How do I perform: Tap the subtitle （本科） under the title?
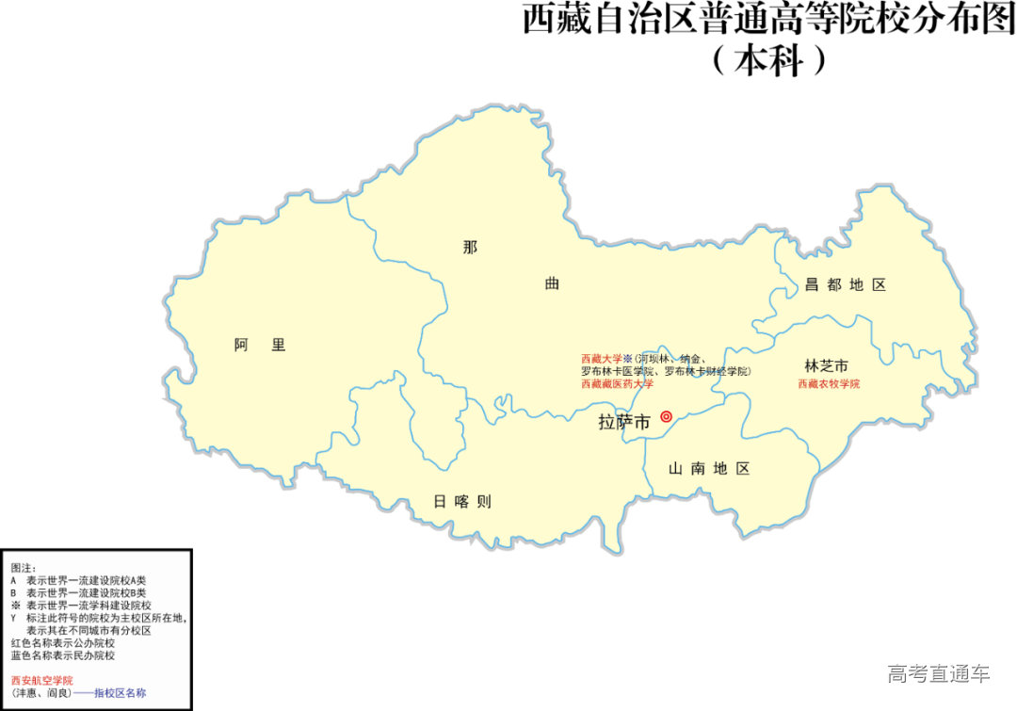click(x=768, y=61)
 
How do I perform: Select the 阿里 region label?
click(x=260, y=345)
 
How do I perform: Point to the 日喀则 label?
click(x=461, y=502)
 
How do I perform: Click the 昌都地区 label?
click(x=845, y=284)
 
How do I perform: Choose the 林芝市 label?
click(x=826, y=365)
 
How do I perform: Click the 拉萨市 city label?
click(x=624, y=423)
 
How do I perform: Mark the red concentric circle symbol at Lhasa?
click(x=666, y=416)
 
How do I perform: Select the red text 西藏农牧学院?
click(x=829, y=384)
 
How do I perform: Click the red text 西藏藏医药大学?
click(x=617, y=383)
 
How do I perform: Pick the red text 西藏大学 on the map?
click(x=601, y=359)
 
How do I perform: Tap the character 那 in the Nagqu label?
click(x=470, y=248)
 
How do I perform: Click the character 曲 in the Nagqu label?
click(x=552, y=283)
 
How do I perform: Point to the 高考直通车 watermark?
click(x=938, y=673)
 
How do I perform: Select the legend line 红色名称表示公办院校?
click(x=62, y=642)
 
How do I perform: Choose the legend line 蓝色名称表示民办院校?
click(x=62, y=654)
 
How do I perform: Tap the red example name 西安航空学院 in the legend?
click(x=41, y=680)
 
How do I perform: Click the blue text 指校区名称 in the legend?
click(x=120, y=692)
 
